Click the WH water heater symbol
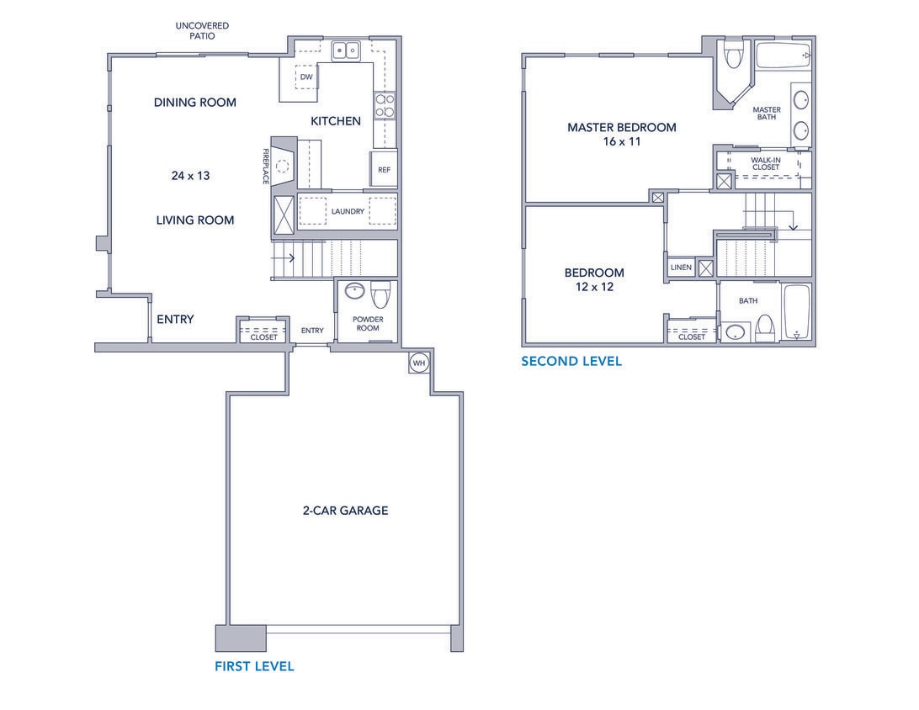419,363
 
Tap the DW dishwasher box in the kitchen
306,77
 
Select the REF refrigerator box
384,169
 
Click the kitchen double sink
345,51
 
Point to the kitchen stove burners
385,106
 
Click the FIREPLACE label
265,167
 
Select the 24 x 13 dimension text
190,176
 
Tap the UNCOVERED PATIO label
202,31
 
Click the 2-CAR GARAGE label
346,510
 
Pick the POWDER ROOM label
368,324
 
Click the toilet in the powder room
381,294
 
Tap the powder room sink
354,293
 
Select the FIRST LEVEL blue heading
254,666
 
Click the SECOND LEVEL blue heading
571,361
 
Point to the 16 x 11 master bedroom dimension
621,142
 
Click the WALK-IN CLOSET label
765,163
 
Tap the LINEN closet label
681,268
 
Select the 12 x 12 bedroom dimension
594,287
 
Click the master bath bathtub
783,56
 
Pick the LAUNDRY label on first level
348,211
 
